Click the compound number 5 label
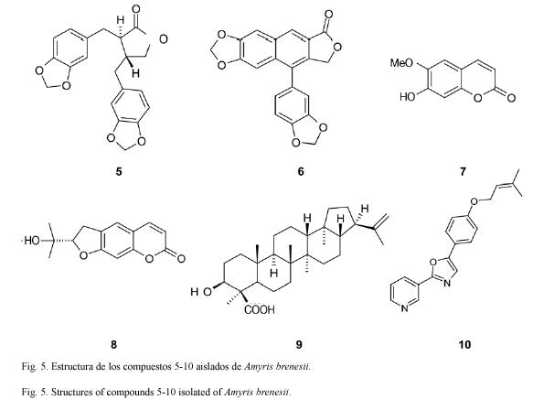pos(118,171)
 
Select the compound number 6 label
pos(301,171)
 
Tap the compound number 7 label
pos(463,171)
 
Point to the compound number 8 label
pos(113,345)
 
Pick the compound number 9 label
pos(298,345)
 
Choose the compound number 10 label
pos(464,345)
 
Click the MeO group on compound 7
pos(401,63)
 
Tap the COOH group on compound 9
pos(260,309)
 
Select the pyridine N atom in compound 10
pos(404,308)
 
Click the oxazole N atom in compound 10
pos(447,283)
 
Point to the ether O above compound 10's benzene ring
pos(474,200)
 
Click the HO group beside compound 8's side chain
pos(32,241)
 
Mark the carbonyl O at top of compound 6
pos(328,15)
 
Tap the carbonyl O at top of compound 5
pos(136,9)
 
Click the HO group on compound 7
pos(408,97)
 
